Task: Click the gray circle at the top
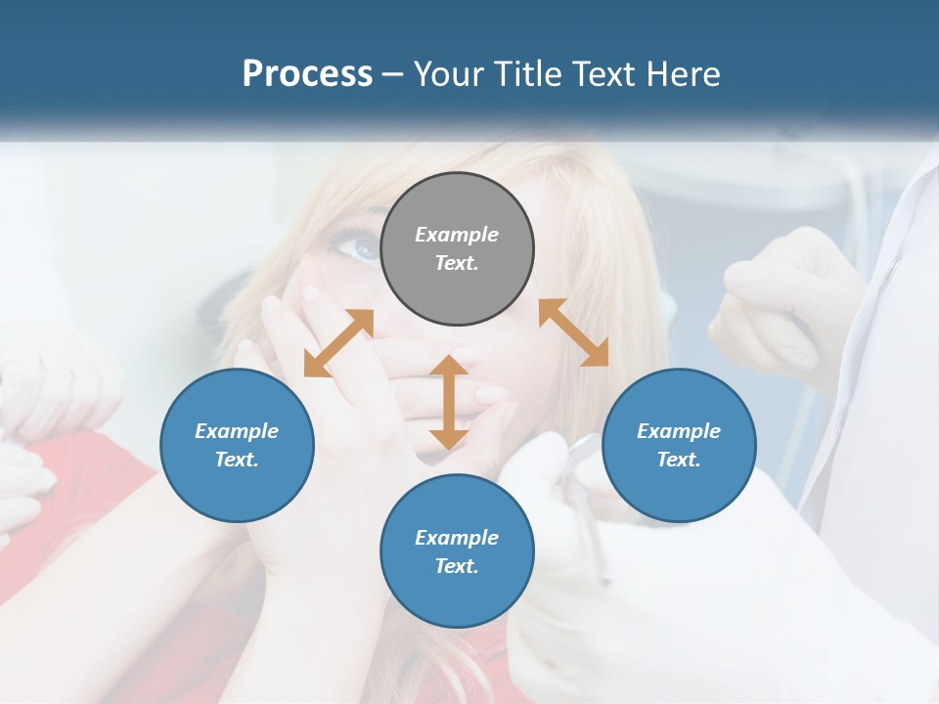(457, 249)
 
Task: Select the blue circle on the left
(237, 446)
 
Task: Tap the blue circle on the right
(679, 446)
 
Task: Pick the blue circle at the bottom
(457, 551)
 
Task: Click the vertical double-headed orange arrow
(449, 402)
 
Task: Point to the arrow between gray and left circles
(338, 343)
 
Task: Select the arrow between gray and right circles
(573, 332)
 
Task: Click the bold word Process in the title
(307, 74)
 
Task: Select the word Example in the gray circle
(457, 235)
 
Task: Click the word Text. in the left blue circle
(237, 460)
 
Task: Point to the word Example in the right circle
(679, 431)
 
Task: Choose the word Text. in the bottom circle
(457, 566)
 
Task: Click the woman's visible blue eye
(360, 246)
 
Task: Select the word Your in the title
(449, 74)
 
